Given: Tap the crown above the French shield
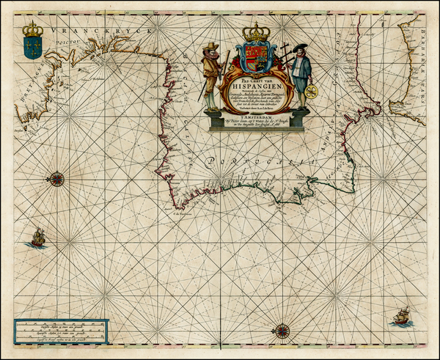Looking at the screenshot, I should click(32, 29).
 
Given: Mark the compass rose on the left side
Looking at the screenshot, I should click(56, 177).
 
